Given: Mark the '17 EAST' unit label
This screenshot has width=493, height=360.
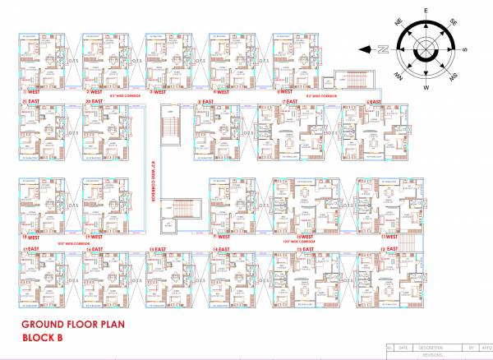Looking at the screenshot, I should [x=33, y=248].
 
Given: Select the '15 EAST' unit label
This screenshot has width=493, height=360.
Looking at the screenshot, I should [x=158, y=248].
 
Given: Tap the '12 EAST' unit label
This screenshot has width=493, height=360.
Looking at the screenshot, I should [x=386, y=248].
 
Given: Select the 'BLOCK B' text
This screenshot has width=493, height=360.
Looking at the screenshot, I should [x=45, y=338].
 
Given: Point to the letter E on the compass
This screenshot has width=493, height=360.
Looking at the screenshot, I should [x=426, y=11].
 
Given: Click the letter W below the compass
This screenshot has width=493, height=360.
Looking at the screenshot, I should [x=426, y=87].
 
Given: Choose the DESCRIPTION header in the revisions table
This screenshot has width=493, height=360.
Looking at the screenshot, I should [x=423, y=348].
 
